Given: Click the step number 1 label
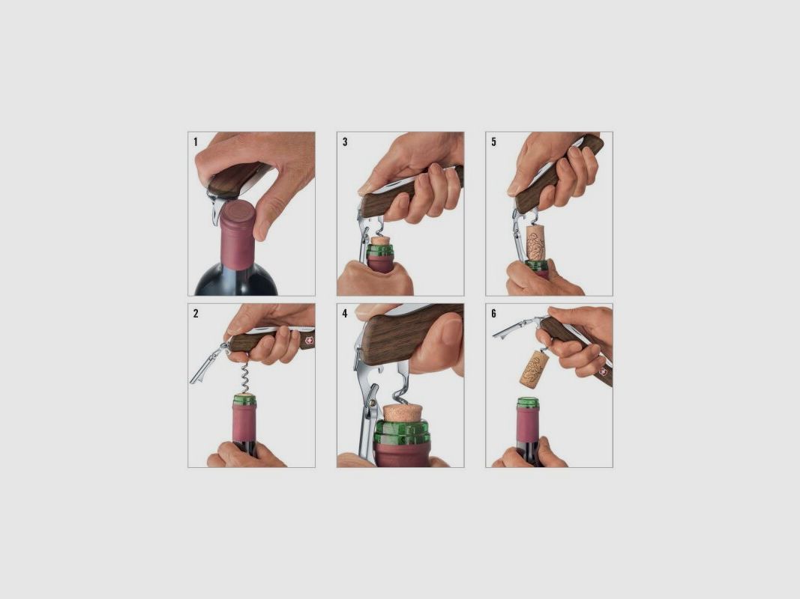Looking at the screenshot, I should (x=196, y=142).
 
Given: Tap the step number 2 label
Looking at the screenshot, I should (x=196, y=314).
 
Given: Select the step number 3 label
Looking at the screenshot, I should (x=345, y=142).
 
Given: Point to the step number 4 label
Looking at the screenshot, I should (x=345, y=314).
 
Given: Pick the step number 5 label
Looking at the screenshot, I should (x=493, y=142).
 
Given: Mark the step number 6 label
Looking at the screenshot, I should (x=493, y=314).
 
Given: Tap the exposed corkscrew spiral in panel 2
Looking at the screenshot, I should (x=244, y=379).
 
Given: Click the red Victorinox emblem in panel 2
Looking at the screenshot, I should (x=307, y=340).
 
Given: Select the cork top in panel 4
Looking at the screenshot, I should (x=403, y=411).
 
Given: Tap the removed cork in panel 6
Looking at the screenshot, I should (x=534, y=369).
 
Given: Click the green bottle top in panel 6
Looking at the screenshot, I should (x=528, y=403).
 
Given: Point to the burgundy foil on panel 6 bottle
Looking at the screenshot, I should (x=528, y=425).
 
